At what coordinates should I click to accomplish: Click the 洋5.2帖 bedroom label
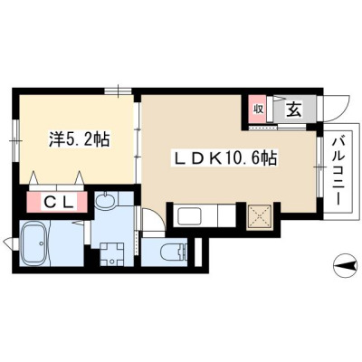pyautogui.click(x=79, y=139)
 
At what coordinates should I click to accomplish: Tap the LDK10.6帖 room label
pyautogui.click(x=224, y=158)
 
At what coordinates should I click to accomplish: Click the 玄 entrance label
pyautogui.click(x=293, y=110)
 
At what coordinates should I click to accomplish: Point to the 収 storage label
pyautogui.click(x=258, y=110)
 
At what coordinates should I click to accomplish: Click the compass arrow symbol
pyautogui.click(x=346, y=265)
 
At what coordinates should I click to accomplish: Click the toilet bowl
pyautogui.click(x=171, y=252)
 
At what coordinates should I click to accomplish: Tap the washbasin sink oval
pyautogui.click(x=105, y=200)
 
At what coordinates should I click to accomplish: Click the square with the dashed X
pyautogui.click(x=260, y=216)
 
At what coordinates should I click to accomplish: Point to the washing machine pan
pyautogui.click(x=112, y=254)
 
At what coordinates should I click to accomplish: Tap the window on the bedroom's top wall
pyautogui.click(x=118, y=90)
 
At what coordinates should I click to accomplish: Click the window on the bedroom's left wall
pyautogui.click(x=15, y=141)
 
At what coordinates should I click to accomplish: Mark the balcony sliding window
pyautogui.click(x=319, y=167)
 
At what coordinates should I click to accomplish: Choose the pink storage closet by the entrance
pyautogui.click(x=257, y=110)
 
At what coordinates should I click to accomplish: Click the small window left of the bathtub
pyautogui.click(x=9, y=243)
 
